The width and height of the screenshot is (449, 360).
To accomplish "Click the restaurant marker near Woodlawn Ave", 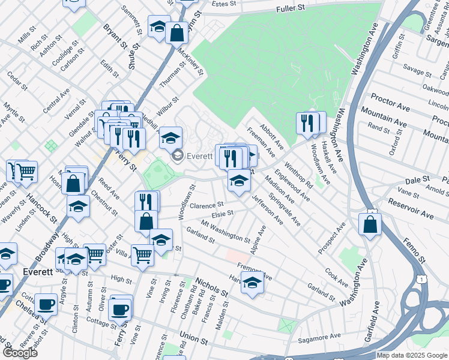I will (x=307, y=124).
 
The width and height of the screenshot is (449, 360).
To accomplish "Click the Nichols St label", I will (x=212, y=287).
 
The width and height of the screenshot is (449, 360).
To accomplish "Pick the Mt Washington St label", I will (x=225, y=231).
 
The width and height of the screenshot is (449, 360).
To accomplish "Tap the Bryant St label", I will (x=115, y=37).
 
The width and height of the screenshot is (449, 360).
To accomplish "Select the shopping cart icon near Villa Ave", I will (x=142, y=256).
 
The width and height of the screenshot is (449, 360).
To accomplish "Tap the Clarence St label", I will (x=206, y=205).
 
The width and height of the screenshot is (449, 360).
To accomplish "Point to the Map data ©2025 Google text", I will (x=412, y=355).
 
